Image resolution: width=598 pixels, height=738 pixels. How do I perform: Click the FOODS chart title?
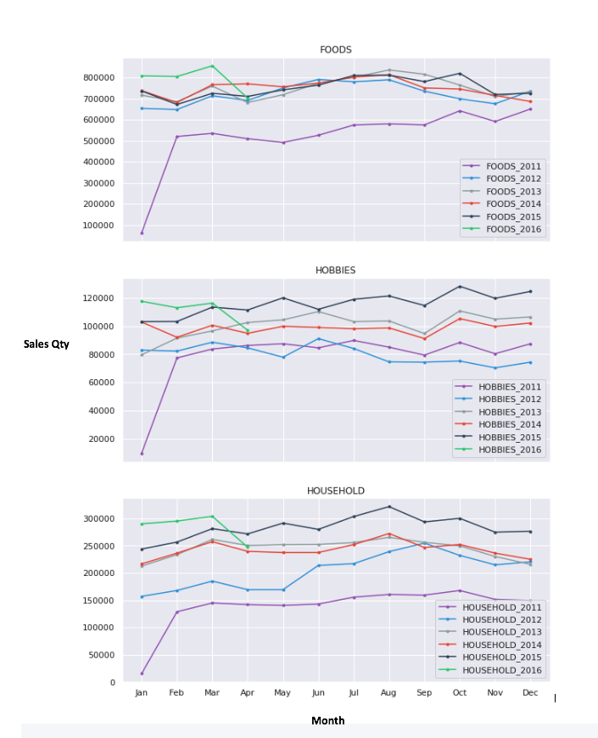coord(335,50)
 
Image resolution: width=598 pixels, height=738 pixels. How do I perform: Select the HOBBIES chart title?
coord(335,271)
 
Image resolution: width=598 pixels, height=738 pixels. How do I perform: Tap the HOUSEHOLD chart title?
coord(335,491)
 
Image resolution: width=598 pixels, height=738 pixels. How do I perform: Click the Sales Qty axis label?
coord(47,344)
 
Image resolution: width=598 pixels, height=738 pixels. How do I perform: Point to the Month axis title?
coord(327,720)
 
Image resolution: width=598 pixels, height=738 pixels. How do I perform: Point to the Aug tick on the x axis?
coord(388,694)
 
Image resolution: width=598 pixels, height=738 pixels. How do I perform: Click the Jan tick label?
coord(141,694)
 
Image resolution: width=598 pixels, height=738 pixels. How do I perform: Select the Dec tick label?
coord(530,694)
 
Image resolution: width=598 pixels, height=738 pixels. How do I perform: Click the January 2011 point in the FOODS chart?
coord(142,232)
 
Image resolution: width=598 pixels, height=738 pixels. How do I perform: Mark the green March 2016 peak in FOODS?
coord(212,66)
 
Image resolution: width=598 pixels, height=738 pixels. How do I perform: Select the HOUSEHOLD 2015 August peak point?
coord(388,506)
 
